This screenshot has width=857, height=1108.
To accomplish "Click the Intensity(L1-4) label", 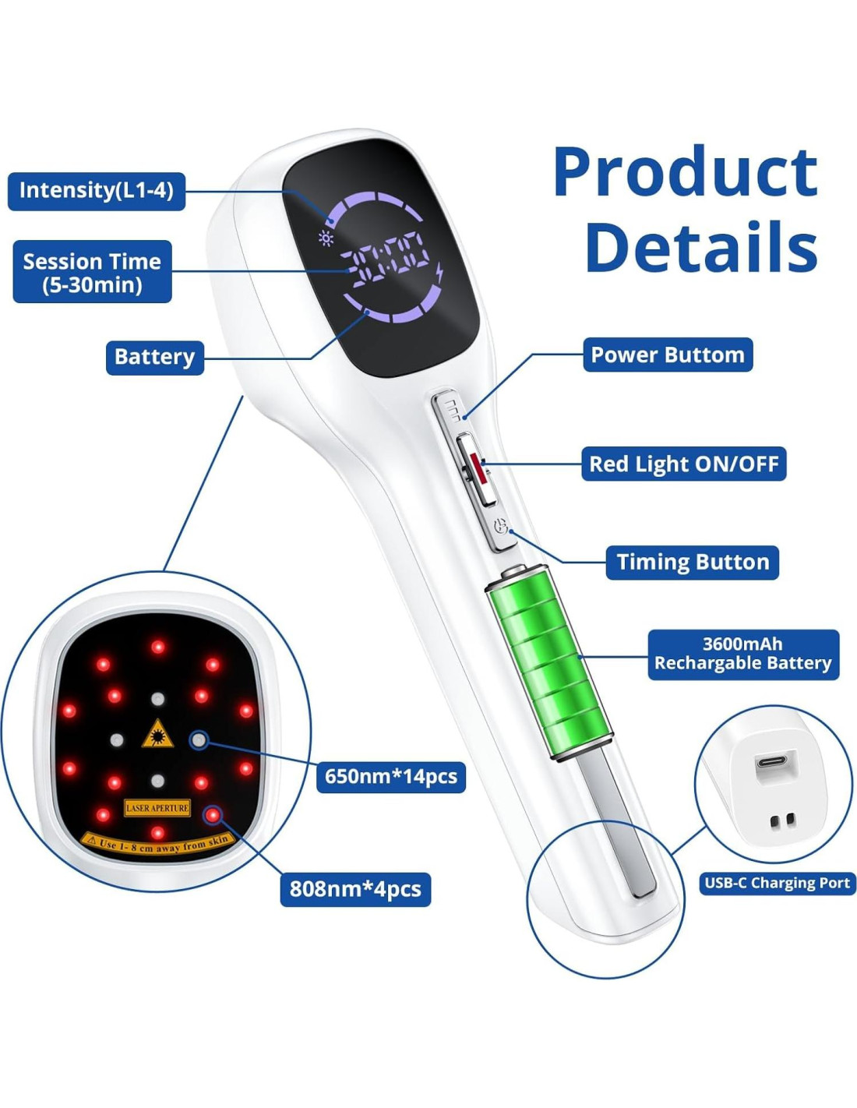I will pyautogui.click(x=97, y=191).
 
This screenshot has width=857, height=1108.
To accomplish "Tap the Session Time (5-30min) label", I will pyautogui.click(x=92, y=272).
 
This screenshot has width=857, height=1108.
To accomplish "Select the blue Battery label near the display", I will pyautogui.click(x=154, y=357).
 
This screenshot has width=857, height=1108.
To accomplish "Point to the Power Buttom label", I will pyautogui.click(x=668, y=355).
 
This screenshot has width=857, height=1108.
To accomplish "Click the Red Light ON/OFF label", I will pyautogui.click(x=683, y=464).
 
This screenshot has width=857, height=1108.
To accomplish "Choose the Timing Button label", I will pyautogui.click(x=692, y=563).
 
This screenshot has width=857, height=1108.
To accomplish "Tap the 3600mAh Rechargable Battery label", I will pyautogui.click(x=743, y=655).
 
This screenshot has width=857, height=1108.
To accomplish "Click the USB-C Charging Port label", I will pyautogui.click(x=777, y=884).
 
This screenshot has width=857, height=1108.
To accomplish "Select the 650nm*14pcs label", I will pyautogui.click(x=390, y=777).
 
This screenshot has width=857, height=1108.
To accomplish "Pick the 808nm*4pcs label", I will pyautogui.click(x=355, y=889).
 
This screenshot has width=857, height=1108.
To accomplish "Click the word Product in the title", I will pyautogui.click(x=686, y=173).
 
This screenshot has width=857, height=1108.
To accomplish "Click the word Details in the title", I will pyautogui.click(x=701, y=248).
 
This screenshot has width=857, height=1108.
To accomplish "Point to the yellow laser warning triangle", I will pyautogui.click(x=157, y=734).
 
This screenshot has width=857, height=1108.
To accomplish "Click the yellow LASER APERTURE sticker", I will pyautogui.click(x=157, y=808).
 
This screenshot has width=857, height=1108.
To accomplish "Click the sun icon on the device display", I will pyautogui.click(x=326, y=238).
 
